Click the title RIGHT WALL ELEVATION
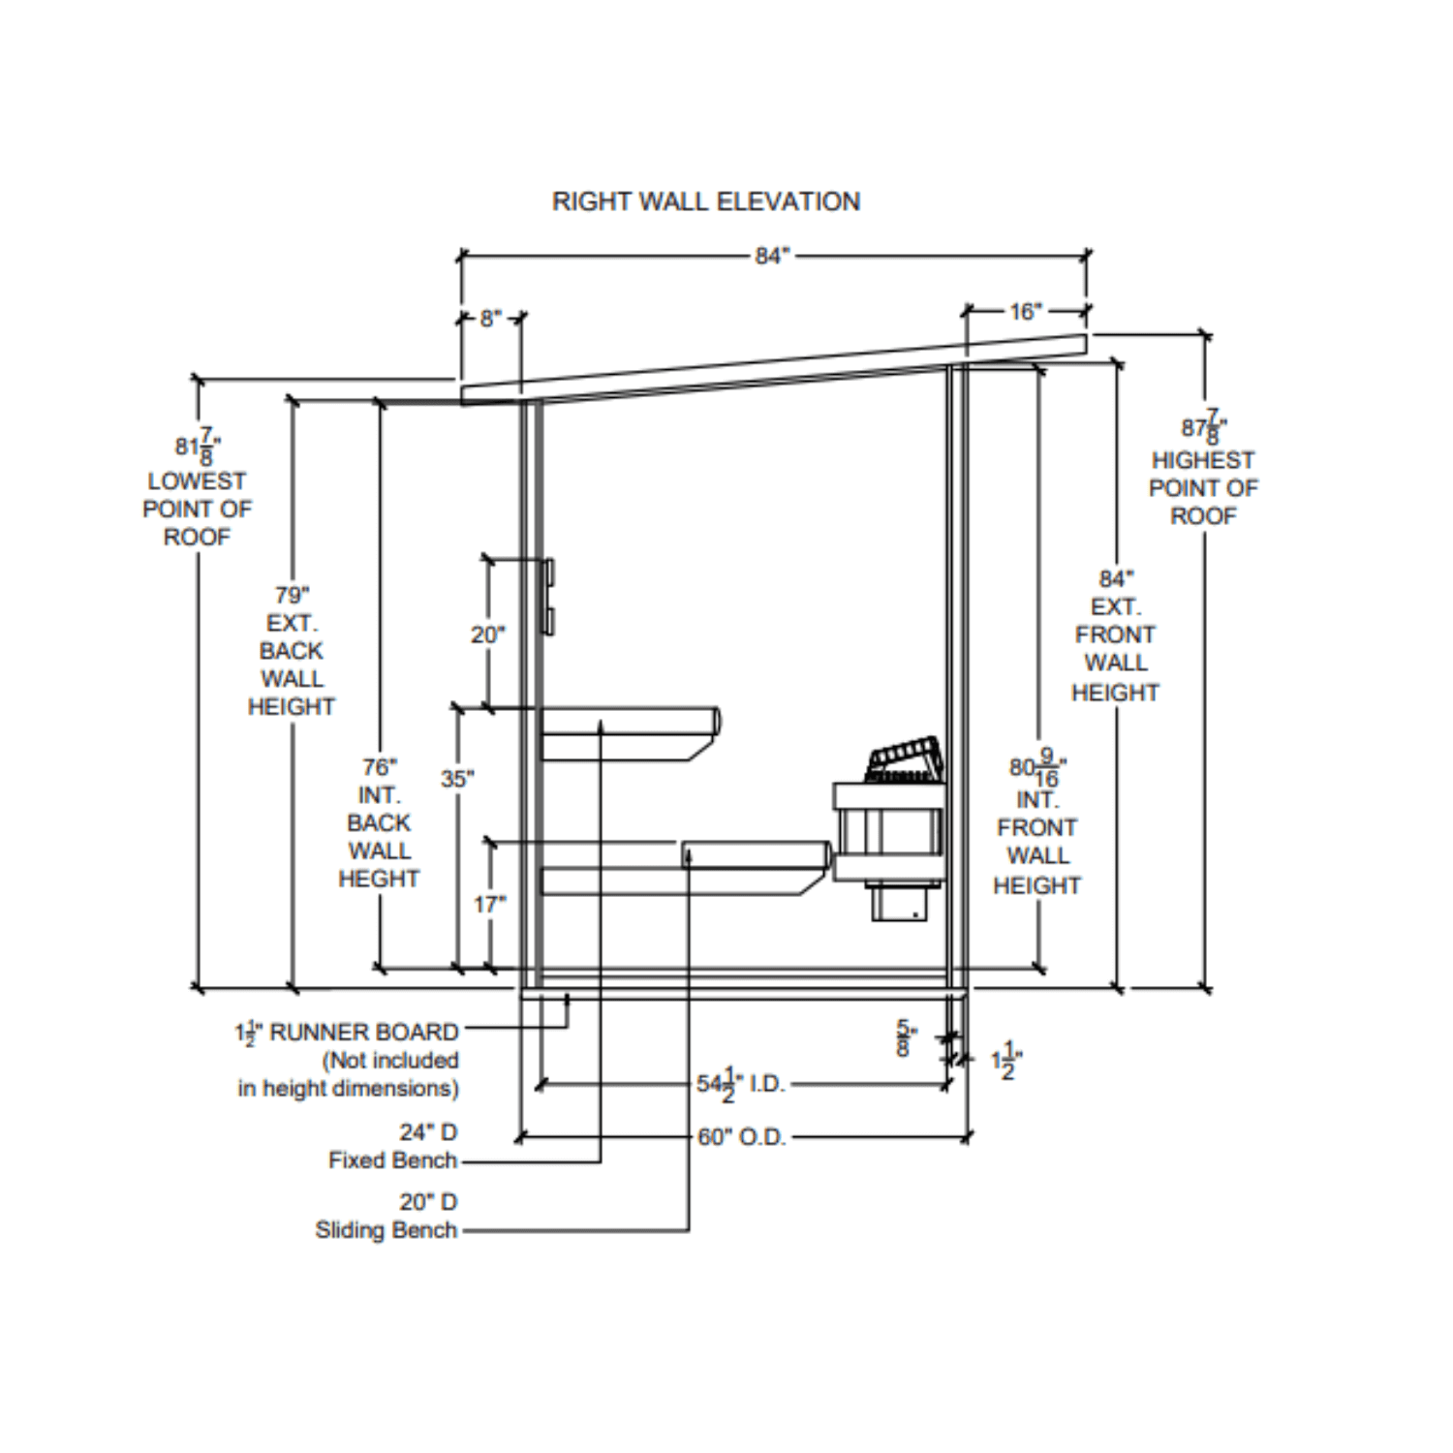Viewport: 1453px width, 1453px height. (705, 201)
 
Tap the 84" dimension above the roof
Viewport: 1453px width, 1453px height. (772, 256)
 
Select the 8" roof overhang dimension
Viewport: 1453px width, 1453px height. (491, 318)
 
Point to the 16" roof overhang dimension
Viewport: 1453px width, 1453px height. (1025, 312)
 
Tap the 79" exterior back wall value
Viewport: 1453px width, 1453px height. (292, 595)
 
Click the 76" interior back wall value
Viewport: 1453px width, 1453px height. (379, 767)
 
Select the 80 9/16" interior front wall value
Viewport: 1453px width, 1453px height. (1037, 770)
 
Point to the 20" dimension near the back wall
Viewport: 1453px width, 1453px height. (487, 635)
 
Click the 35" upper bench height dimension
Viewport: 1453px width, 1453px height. (457, 779)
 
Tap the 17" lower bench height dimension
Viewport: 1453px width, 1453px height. (489, 904)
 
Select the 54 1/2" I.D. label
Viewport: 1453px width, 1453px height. (740, 1085)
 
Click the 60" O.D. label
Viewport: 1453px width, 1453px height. (741, 1137)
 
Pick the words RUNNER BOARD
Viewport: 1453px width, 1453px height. (363, 1033)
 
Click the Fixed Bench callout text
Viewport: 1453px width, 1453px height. (392, 1159)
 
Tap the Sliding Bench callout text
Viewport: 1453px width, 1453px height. (386, 1230)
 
